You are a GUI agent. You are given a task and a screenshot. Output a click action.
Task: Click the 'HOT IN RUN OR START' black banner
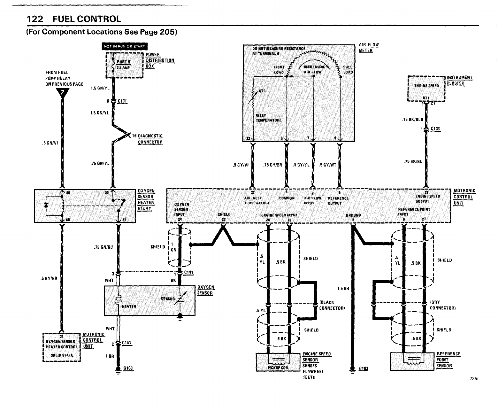click(x=124, y=46)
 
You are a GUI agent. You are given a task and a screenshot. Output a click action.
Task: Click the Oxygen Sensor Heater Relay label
click(x=146, y=200)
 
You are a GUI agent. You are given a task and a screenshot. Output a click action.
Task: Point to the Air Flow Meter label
click(x=368, y=48)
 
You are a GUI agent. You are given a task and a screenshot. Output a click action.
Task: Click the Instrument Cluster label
click(x=459, y=80)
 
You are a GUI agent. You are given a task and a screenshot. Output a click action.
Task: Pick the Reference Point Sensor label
click(x=448, y=360)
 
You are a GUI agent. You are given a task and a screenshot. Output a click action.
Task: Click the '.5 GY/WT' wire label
click(x=328, y=165)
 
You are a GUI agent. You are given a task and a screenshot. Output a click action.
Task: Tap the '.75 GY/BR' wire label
click(x=272, y=165)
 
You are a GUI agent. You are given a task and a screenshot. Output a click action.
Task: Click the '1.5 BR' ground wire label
click(x=343, y=289)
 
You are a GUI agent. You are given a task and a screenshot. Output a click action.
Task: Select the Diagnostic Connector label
click(x=150, y=139)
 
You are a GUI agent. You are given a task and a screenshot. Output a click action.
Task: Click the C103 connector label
click(x=435, y=129)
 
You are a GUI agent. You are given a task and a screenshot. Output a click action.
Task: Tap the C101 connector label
click(x=122, y=101)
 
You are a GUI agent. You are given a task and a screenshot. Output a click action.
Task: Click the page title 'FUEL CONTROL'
click(x=87, y=19)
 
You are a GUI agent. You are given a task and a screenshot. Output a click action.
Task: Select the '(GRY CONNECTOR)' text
click(x=442, y=305)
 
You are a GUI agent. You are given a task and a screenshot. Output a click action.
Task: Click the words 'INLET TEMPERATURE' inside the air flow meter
click(x=268, y=118)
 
